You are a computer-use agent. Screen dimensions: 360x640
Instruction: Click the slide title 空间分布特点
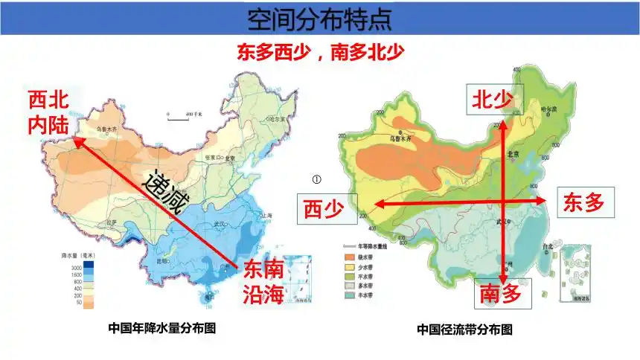point(319,18)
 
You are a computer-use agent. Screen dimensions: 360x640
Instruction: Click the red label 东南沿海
point(263,281)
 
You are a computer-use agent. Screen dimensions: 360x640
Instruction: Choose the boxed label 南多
point(504,294)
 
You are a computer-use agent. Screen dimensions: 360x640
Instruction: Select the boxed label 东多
point(583,202)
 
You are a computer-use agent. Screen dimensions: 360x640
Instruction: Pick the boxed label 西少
point(326,210)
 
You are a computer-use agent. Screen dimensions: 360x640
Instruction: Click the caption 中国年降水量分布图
point(161,327)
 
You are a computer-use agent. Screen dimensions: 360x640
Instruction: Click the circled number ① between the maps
point(316,179)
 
